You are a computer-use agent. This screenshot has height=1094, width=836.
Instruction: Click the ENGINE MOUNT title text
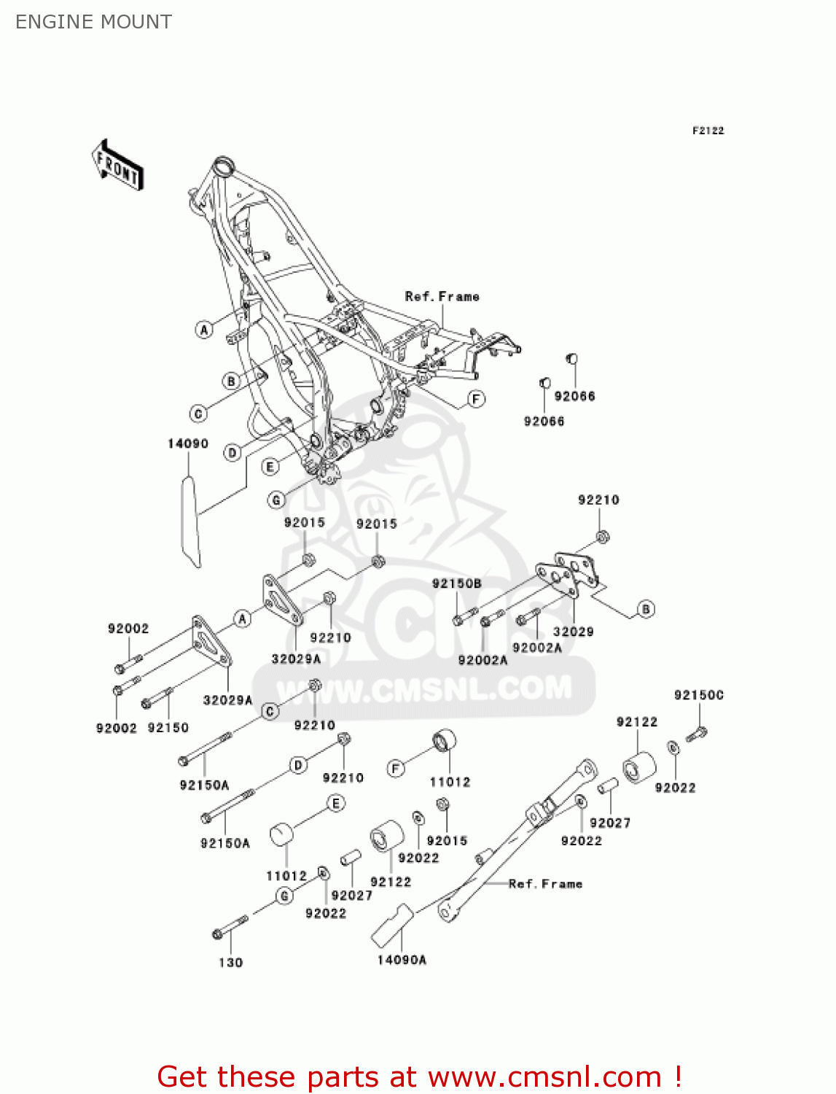[93, 22]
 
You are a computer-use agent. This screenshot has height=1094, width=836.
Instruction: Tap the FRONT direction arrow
[117, 165]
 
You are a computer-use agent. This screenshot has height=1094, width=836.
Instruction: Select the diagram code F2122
[708, 131]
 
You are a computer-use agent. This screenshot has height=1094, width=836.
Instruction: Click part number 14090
[187, 443]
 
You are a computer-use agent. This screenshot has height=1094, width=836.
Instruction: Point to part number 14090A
[402, 960]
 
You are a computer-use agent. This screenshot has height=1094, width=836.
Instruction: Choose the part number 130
[230, 963]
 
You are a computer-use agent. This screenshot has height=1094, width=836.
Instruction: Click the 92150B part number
[456, 583]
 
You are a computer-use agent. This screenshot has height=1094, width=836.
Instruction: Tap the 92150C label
[698, 695]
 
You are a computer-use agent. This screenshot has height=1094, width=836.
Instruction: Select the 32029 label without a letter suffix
[573, 632]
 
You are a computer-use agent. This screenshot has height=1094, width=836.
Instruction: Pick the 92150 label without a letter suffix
[168, 728]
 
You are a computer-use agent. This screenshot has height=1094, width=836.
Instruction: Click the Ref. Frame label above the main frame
[442, 297]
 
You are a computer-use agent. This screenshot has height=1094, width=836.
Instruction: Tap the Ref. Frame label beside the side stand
[545, 884]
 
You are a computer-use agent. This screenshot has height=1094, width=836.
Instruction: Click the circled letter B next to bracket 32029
[646, 609]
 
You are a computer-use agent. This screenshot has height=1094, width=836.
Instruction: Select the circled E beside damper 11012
[336, 804]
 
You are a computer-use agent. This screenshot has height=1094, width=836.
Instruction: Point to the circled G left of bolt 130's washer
[284, 896]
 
